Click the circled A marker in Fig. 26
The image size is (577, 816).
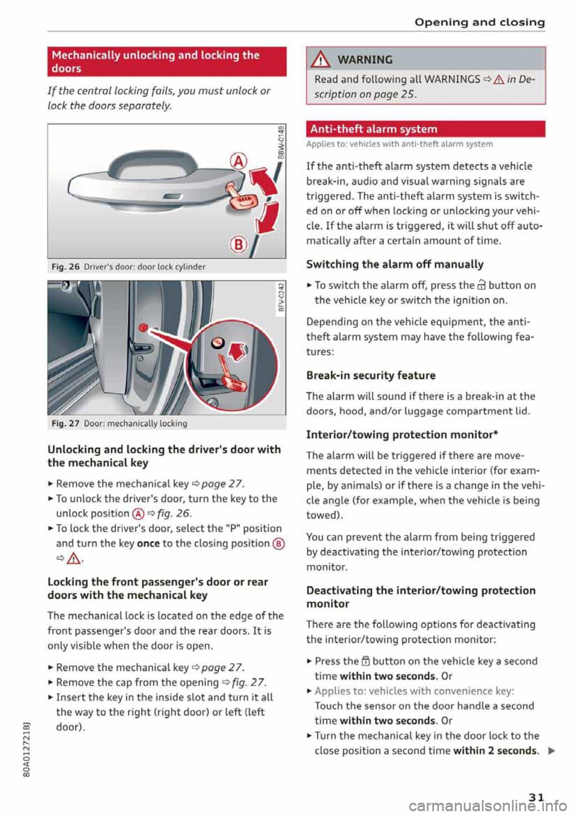239,161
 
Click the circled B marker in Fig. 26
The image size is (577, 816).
239,244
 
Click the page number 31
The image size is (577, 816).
536,797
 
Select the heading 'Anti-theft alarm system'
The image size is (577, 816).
373,129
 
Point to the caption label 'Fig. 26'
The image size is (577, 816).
65,267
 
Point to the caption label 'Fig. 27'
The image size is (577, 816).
65,424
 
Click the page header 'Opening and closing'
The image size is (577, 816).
479,22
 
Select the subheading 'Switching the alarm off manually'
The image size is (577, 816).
394,264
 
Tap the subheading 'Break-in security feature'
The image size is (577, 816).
370,376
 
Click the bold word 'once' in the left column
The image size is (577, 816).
148,543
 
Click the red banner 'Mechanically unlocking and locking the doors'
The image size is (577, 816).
166,62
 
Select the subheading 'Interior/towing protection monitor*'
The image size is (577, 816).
401,435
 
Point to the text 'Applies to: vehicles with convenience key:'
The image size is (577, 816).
414,691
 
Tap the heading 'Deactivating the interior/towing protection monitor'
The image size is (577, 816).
420,597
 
